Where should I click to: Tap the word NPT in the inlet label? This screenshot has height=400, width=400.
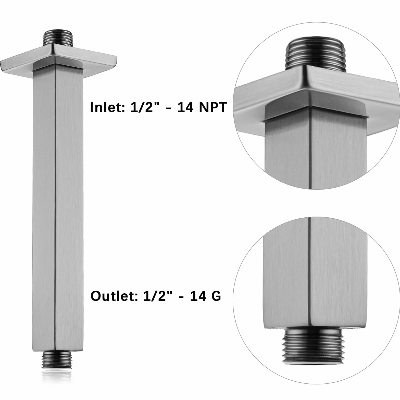point(213,107)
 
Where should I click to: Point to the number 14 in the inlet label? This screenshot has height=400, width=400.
point(185,107)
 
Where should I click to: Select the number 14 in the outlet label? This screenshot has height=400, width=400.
point(198,296)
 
